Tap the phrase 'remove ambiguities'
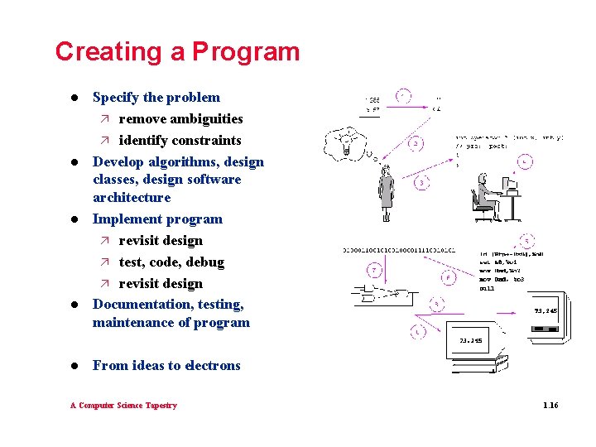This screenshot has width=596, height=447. tap(180, 118)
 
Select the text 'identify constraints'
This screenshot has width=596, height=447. tap(180, 140)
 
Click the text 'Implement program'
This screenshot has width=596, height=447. tap(157, 219)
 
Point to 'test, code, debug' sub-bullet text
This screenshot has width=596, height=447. tap(171, 262)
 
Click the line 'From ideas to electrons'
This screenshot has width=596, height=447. tap(166, 365)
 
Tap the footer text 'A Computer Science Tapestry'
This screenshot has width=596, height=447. tap(123, 405)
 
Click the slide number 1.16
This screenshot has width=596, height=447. tap(550, 405)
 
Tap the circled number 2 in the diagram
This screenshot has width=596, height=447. tap(416, 143)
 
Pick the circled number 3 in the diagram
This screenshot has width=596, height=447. tap(422, 183)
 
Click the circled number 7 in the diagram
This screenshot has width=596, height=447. tap(374, 271)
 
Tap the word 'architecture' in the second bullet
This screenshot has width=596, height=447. tap(132, 197)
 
